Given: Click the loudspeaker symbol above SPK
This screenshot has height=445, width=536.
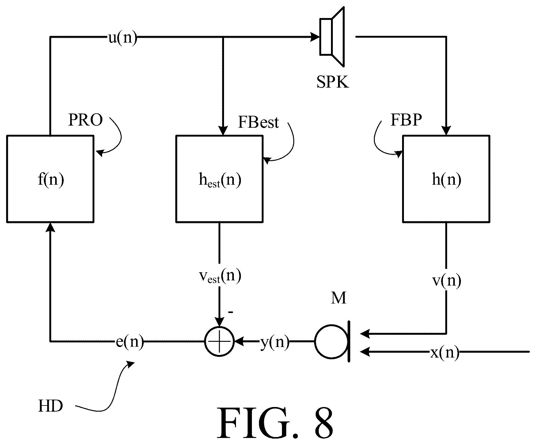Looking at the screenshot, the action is pos(332,37).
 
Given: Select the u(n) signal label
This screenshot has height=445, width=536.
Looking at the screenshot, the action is pos(123,38).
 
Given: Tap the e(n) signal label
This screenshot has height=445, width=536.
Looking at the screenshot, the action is pos(130,342).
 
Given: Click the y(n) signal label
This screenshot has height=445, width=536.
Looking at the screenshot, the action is pos(275,342).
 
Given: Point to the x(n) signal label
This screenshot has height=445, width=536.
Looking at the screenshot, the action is pos(445,353).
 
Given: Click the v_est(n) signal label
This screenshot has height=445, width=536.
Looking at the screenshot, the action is pos(220,276).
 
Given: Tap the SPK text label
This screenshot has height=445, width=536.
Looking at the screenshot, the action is pos(333,82).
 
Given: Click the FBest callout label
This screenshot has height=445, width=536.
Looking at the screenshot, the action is pos(258,122).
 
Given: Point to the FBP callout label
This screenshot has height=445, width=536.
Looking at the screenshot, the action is pos(406,120).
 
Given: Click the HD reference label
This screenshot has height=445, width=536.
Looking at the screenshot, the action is pos(51,406).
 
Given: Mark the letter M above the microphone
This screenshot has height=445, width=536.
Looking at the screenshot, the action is pos(338,297).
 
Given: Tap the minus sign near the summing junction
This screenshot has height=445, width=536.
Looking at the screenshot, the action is pos(231,312).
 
